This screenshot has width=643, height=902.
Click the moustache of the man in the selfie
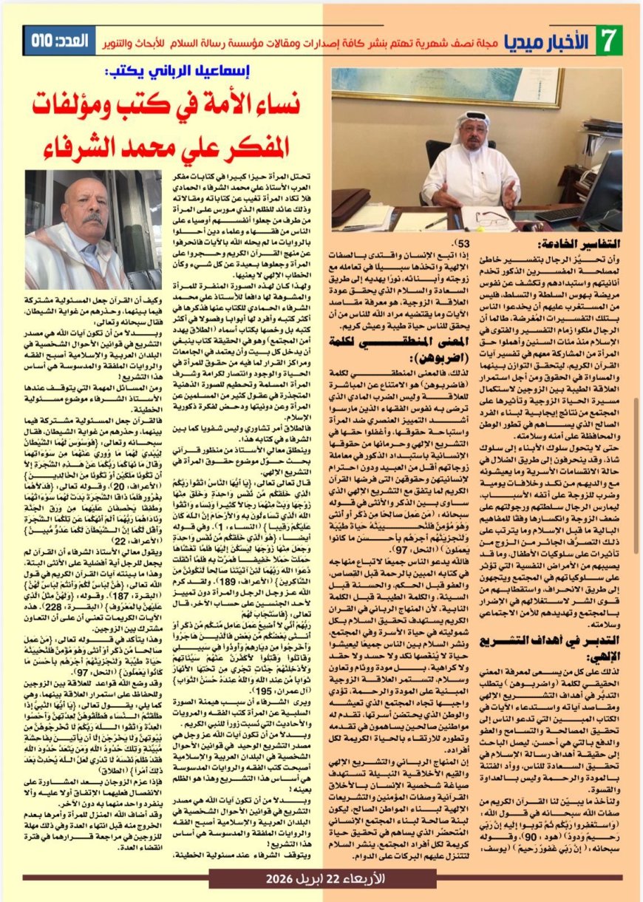[93, 219]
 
